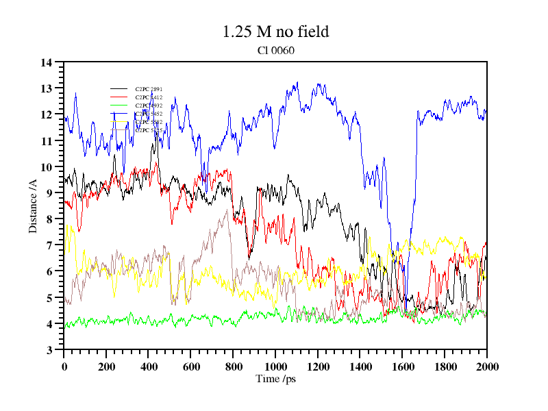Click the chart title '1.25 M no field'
(x=275, y=32)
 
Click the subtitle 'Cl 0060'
(x=275, y=49)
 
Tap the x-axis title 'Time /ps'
(x=275, y=378)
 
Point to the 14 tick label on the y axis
(x=47, y=63)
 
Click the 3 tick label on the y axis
(x=50, y=350)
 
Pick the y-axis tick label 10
(x=47, y=167)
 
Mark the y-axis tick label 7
(x=50, y=245)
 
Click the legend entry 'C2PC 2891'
(x=149, y=89)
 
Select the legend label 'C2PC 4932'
(x=149, y=105)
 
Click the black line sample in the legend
(x=119, y=89)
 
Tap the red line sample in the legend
(x=119, y=97)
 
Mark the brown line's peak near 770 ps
(x=227, y=210)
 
